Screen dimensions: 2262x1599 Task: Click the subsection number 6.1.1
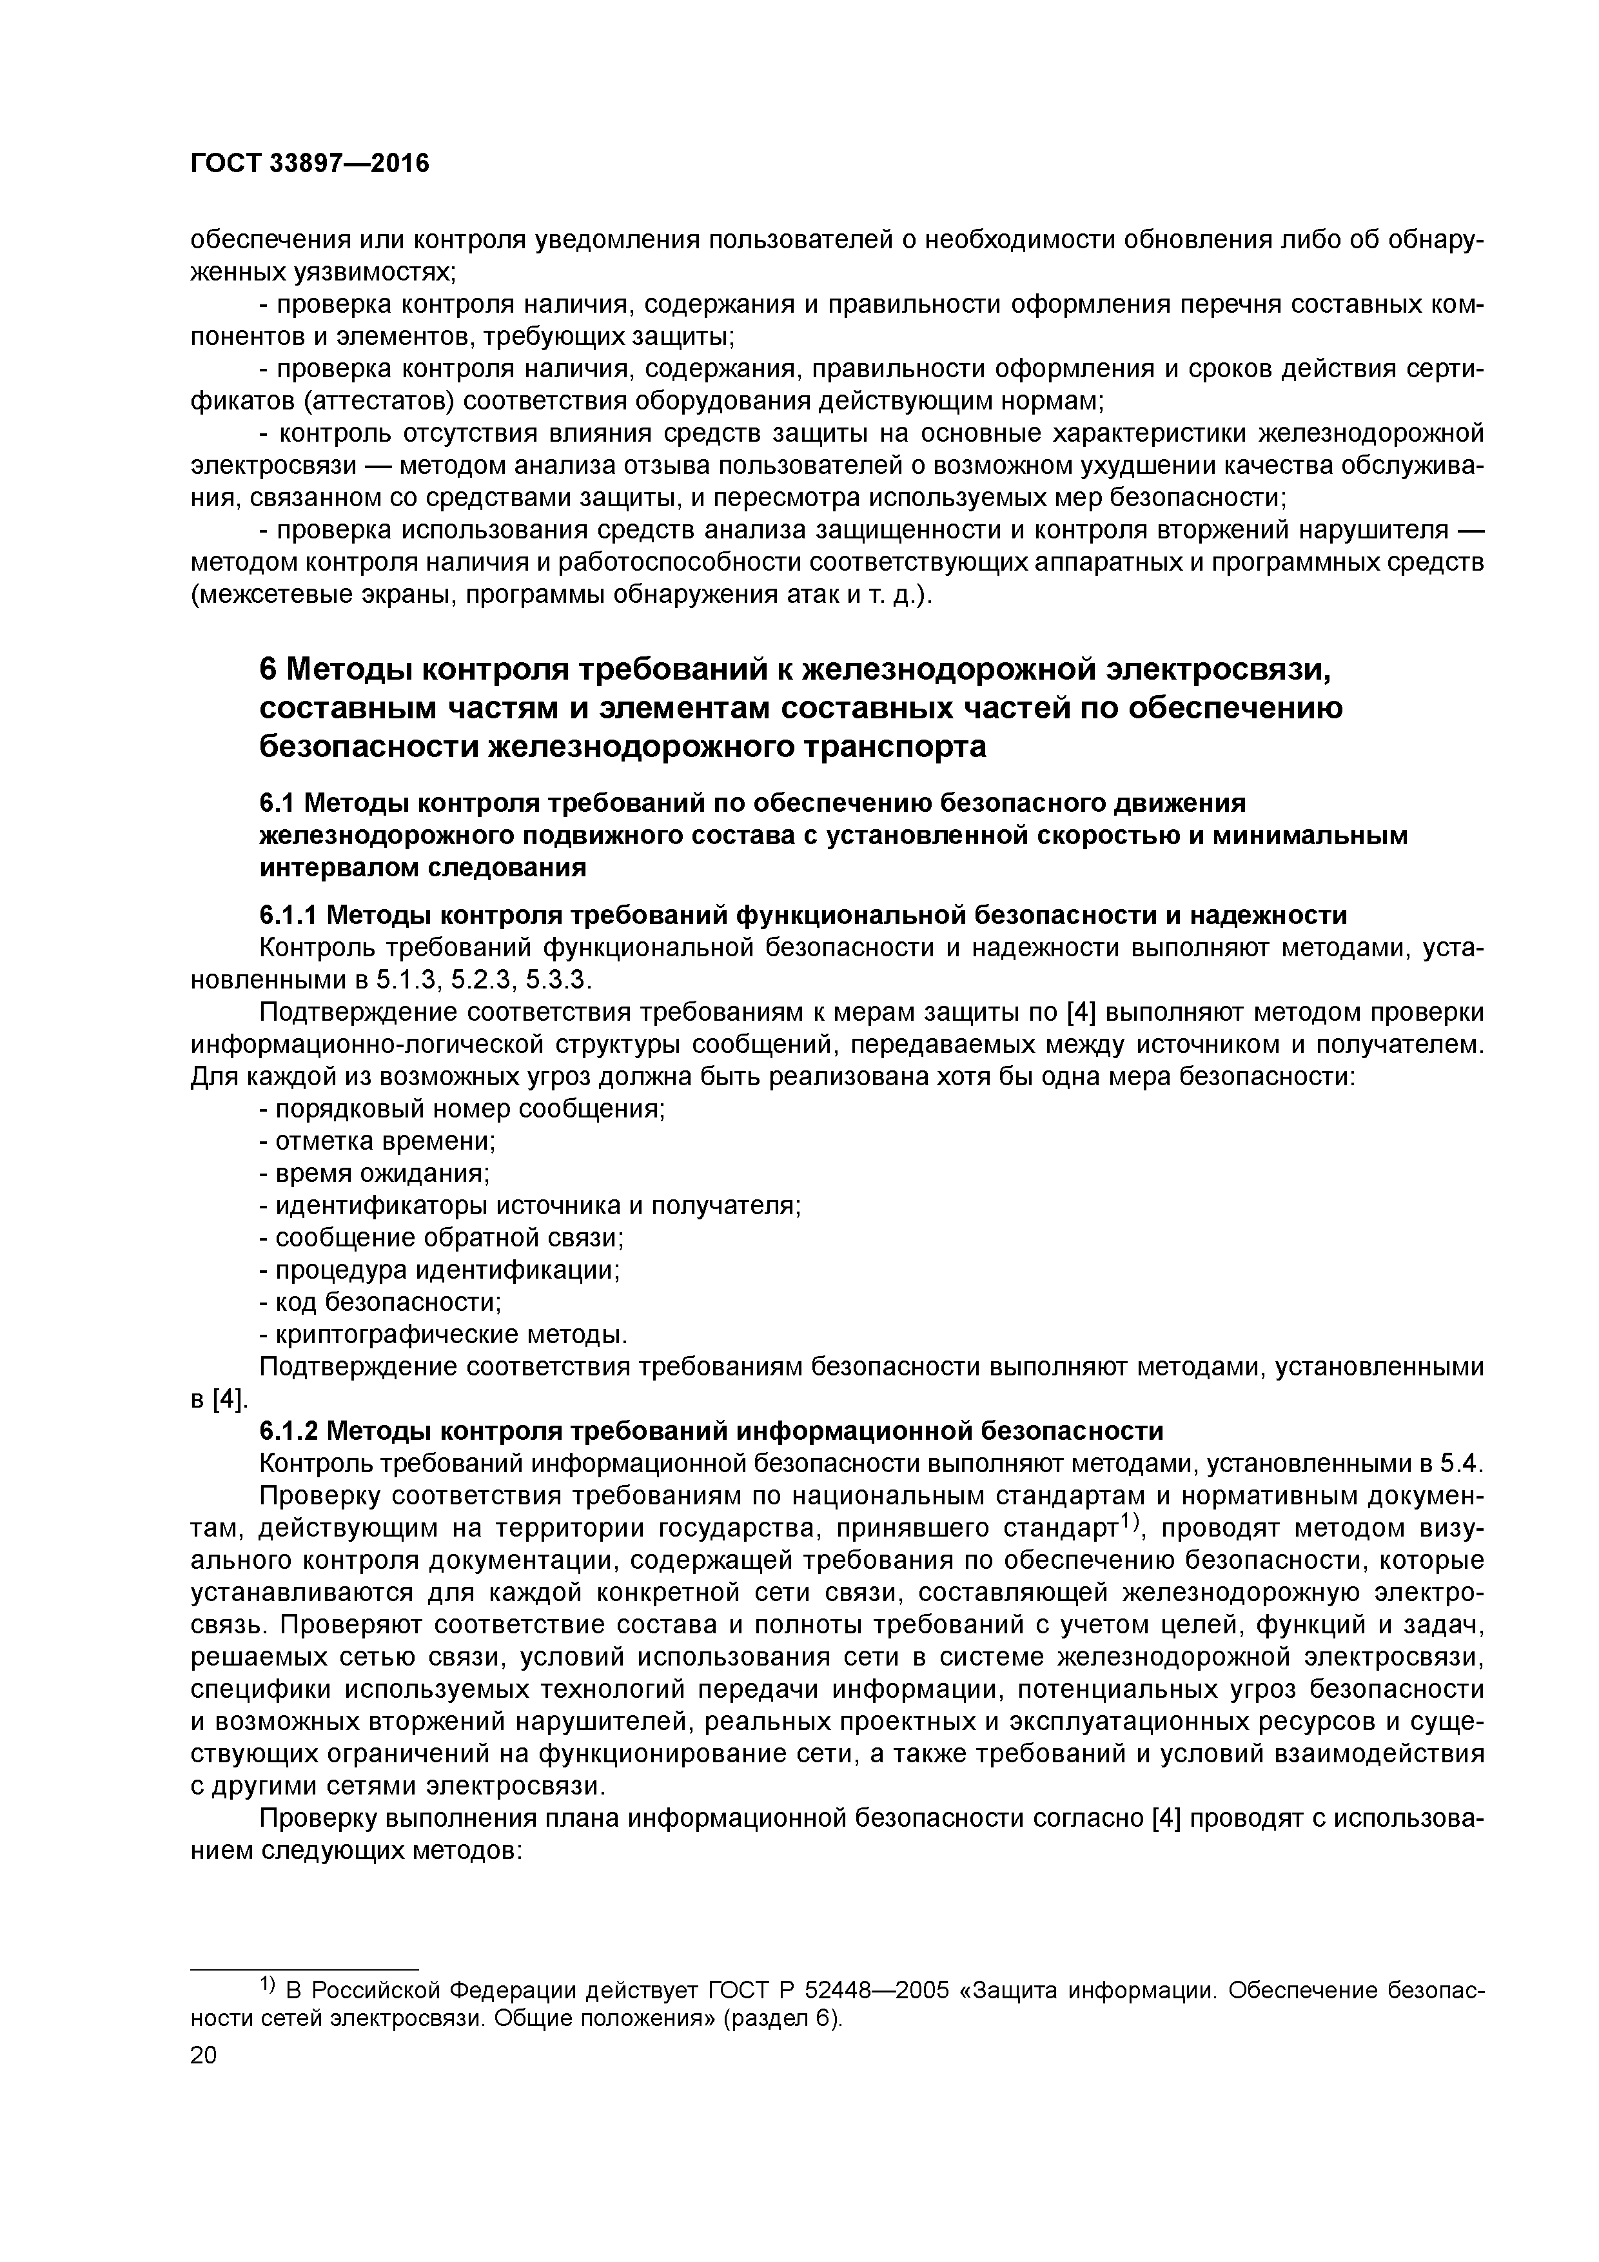coord(288,915)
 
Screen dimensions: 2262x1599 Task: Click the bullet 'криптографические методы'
coord(444,1335)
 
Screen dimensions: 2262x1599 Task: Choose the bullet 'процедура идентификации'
coord(440,1270)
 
